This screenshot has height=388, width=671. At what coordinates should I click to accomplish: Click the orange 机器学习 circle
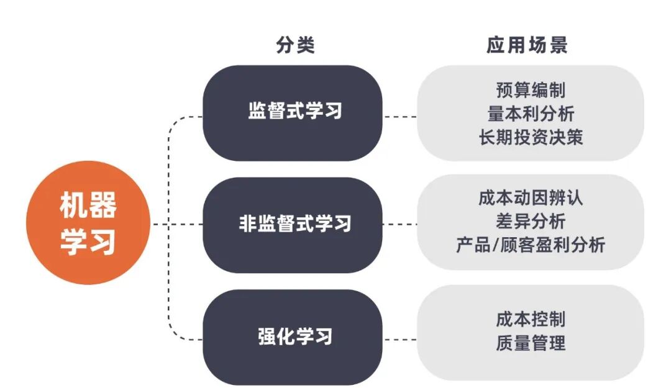(x=88, y=223)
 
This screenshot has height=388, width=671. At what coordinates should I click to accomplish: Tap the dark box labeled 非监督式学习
(x=292, y=223)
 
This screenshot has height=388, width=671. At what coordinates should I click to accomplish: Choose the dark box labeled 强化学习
(x=292, y=336)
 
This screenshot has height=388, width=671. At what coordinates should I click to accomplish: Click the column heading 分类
(x=295, y=45)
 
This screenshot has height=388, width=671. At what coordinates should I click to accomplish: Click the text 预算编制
(x=531, y=90)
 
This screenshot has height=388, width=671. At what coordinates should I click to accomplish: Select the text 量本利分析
(x=531, y=113)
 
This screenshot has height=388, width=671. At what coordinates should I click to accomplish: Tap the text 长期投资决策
(x=531, y=137)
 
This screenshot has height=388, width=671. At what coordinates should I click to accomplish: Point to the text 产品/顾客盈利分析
(x=531, y=245)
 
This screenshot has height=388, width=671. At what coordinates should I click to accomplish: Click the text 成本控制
(x=531, y=320)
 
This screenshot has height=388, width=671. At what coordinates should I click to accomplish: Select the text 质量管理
(x=531, y=343)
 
